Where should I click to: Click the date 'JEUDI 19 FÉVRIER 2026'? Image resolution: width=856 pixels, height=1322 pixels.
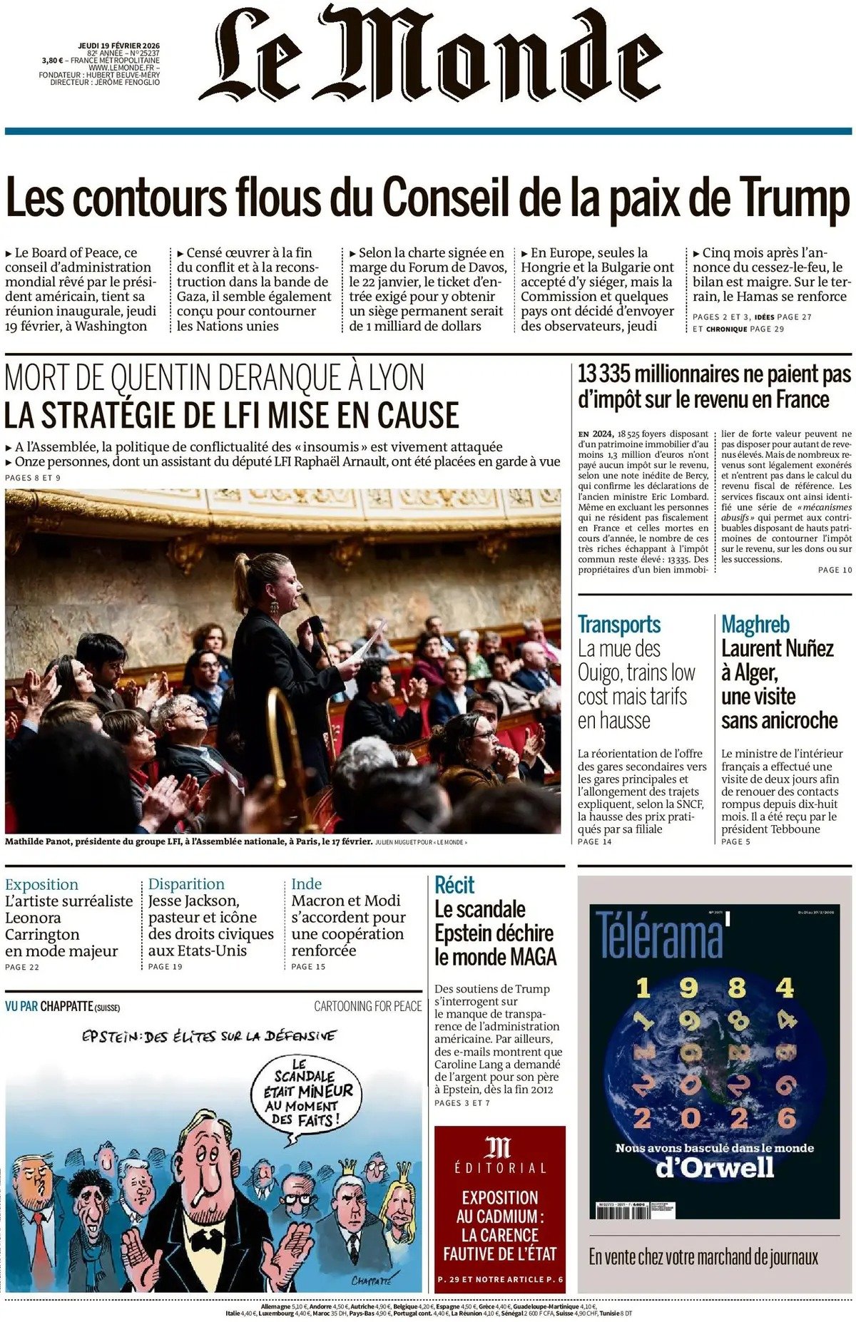(x=119, y=46)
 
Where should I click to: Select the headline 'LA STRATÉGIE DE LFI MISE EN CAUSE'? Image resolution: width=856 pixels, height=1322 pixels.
(x=232, y=415)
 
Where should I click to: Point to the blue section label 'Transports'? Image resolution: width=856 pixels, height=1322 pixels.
(x=619, y=625)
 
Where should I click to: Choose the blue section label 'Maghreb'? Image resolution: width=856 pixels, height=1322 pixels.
(x=755, y=625)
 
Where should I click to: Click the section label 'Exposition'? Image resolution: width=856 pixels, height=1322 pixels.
(x=41, y=884)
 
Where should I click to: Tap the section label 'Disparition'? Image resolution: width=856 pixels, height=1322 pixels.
(x=186, y=884)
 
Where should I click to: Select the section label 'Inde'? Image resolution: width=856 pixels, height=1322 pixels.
(x=307, y=884)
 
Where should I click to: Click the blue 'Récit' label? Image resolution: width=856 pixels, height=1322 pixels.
(x=454, y=885)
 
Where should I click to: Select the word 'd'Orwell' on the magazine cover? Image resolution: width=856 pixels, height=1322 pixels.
(x=714, y=1167)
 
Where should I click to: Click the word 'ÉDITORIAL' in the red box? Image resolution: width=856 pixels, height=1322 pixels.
(x=499, y=1168)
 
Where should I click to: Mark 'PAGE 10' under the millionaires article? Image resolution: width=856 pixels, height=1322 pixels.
(x=835, y=570)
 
